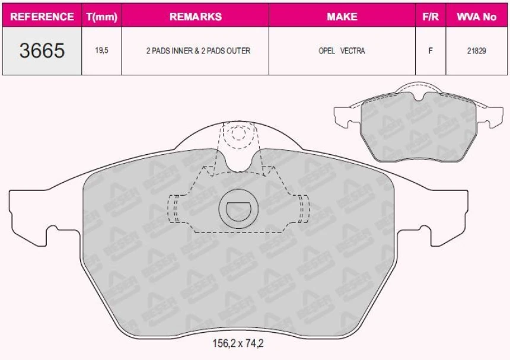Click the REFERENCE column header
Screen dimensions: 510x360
(42, 16)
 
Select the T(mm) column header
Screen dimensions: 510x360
(102, 17)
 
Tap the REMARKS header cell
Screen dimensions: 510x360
(196, 16)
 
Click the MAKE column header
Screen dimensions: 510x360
(342, 16)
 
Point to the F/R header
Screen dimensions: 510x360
(431, 16)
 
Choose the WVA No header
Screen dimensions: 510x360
(477, 16)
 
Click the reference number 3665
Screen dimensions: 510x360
(42, 50)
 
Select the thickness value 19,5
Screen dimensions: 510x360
(102, 50)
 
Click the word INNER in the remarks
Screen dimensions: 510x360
(181, 51)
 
